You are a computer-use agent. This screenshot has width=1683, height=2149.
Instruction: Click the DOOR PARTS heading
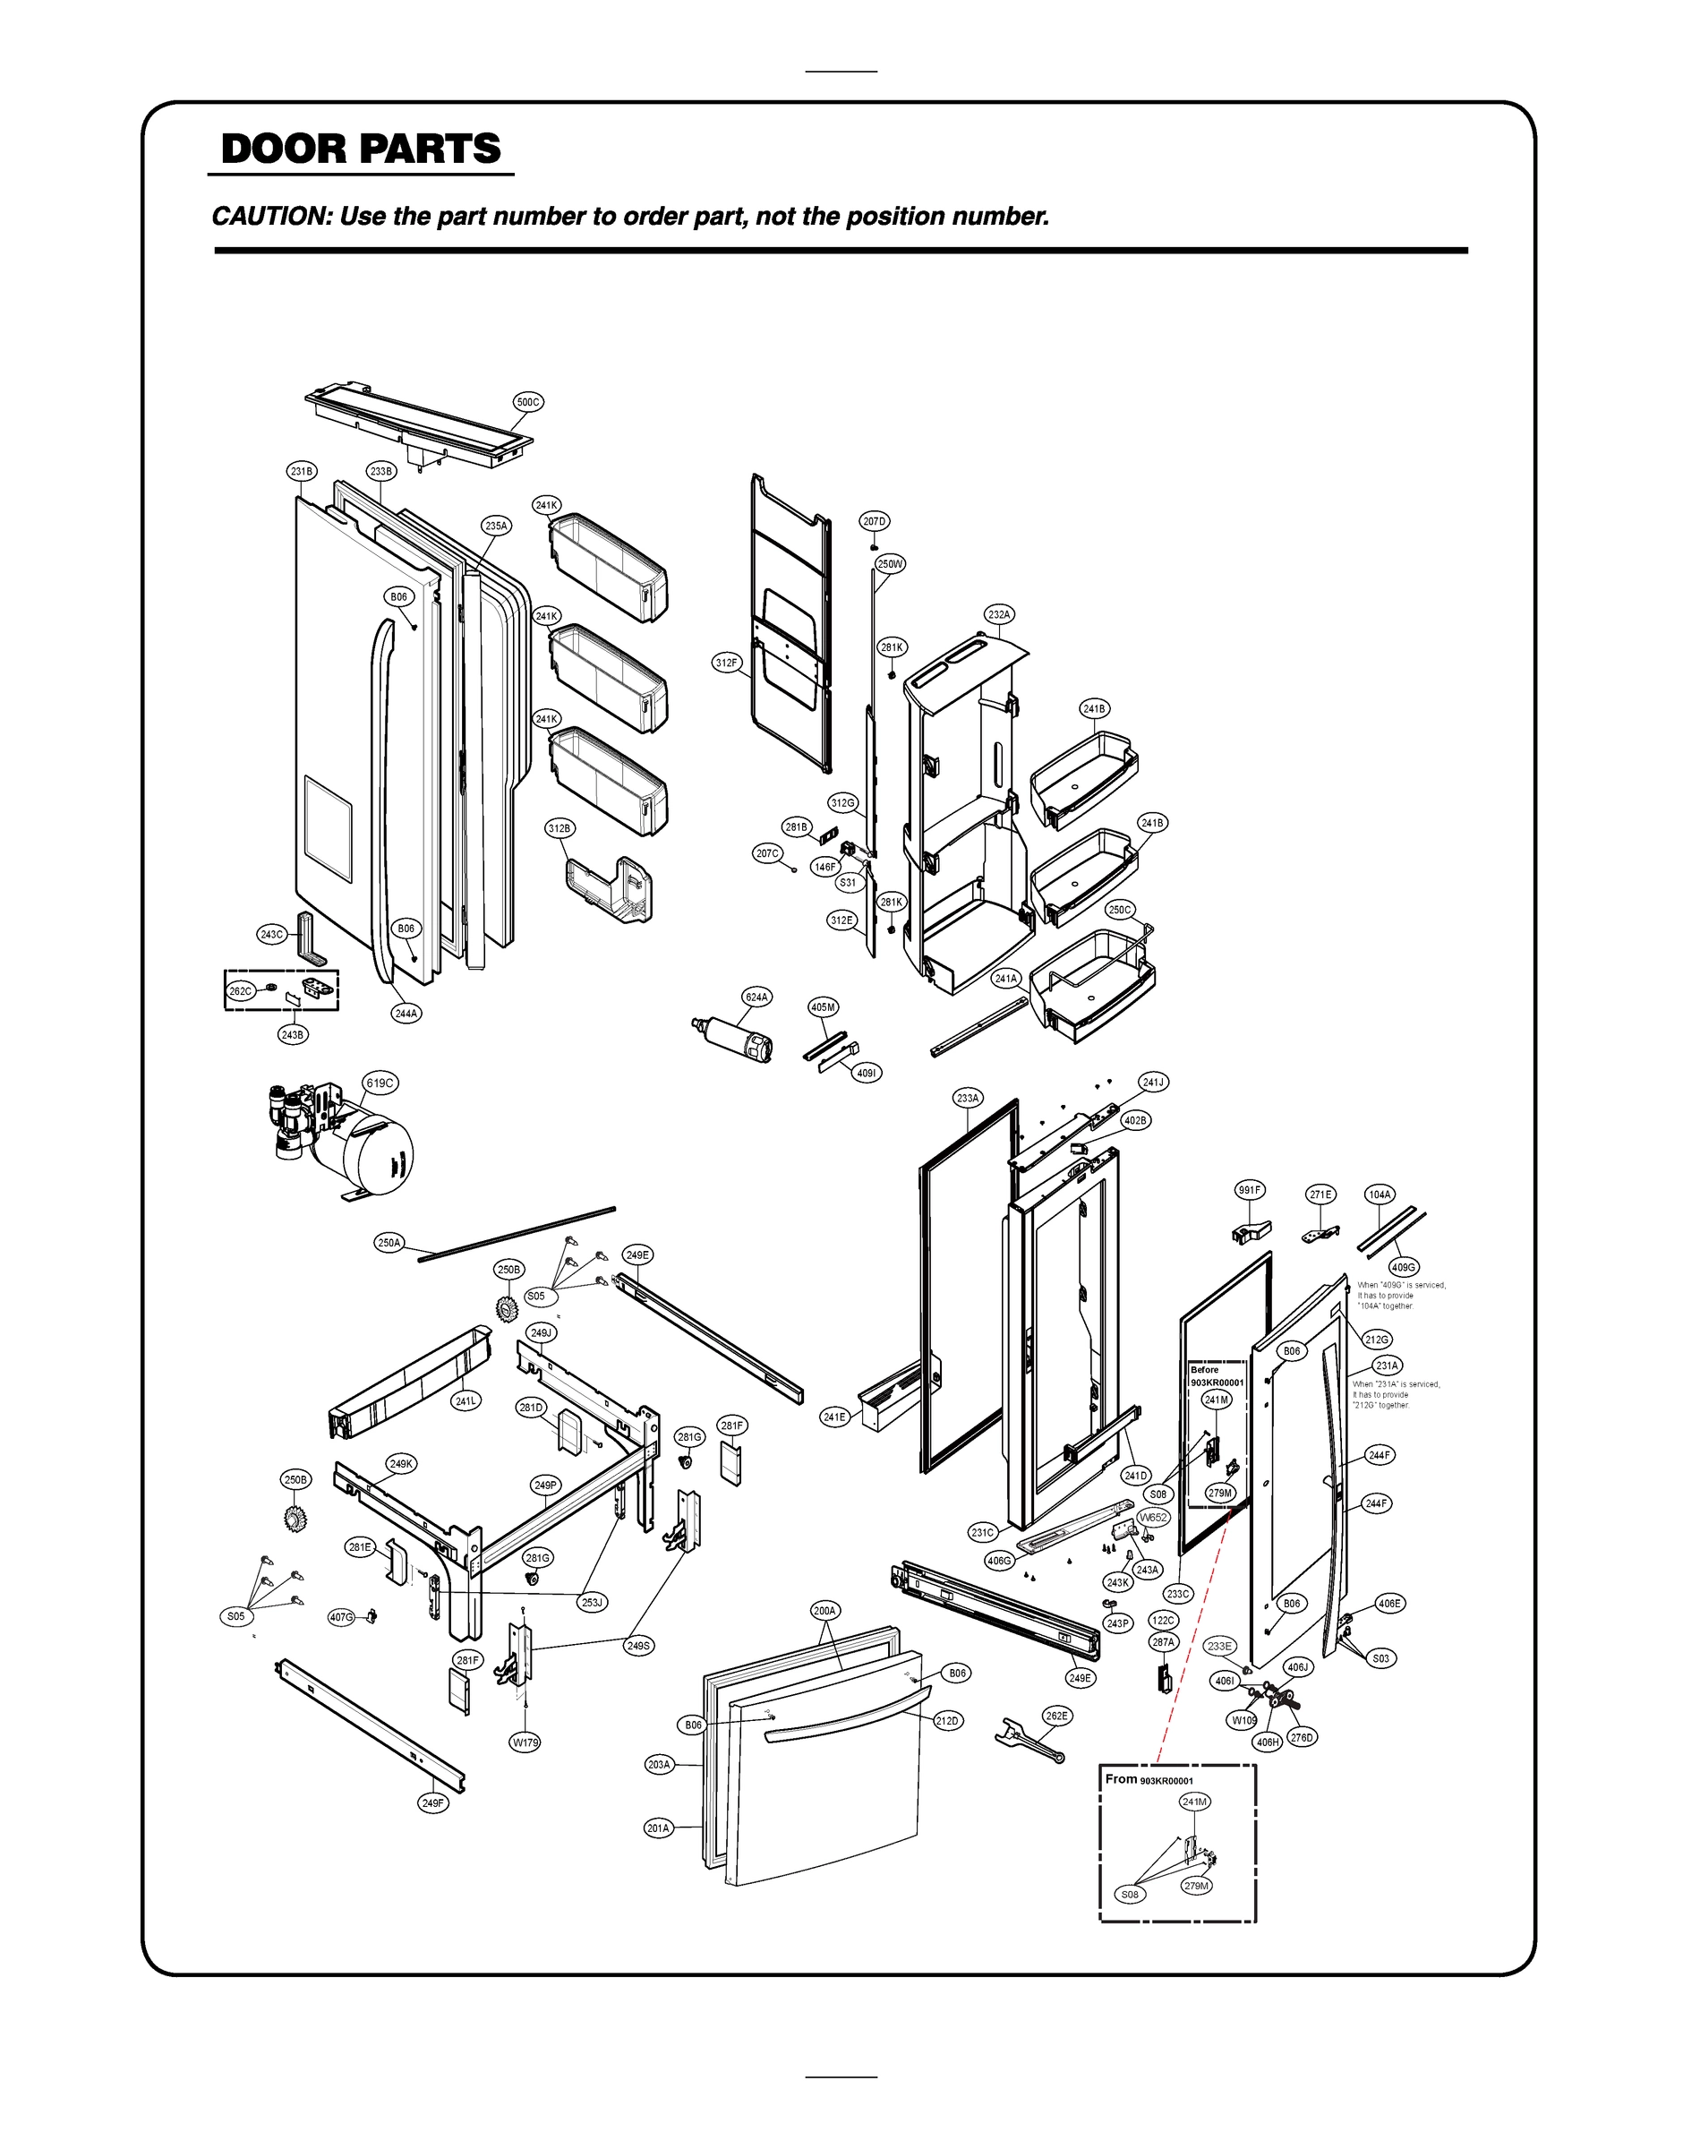click(x=361, y=149)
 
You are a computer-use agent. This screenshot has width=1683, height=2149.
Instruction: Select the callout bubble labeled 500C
click(x=529, y=402)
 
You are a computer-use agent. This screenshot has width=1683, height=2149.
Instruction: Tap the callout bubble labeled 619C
click(x=380, y=1083)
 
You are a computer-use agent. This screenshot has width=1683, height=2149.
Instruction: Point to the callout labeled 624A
click(x=756, y=997)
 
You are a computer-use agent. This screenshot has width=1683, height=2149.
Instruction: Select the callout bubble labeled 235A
click(x=496, y=527)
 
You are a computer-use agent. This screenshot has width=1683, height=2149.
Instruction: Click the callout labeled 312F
click(x=726, y=664)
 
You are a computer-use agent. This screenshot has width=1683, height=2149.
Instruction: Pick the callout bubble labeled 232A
click(x=999, y=615)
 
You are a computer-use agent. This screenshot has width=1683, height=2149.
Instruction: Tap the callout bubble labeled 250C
click(x=1120, y=910)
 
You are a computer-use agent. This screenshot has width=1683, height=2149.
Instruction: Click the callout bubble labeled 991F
click(x=1250, y=1190)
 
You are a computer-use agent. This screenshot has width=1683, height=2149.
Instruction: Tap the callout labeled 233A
click(x=968, y=1098)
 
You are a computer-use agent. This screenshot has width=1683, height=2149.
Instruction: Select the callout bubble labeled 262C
click(x=241, y=991)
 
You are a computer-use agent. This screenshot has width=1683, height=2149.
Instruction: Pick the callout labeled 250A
click(x=389, y=1244)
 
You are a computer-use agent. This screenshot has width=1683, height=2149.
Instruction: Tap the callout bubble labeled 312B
click(x=560, y=828)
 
